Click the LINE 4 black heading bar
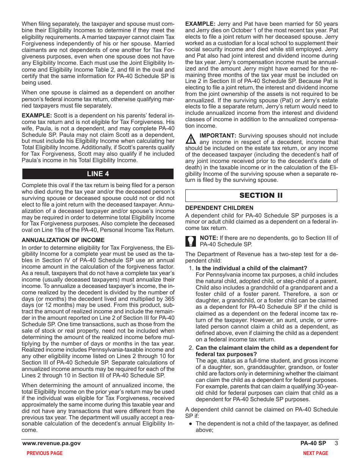98,174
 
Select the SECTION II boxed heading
261,195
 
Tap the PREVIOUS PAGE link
44,453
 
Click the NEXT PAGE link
315,453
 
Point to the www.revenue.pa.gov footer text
52,443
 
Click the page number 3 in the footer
336,443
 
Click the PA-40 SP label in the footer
313,443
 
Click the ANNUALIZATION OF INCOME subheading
63,240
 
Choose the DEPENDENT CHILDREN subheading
219,208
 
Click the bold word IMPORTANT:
218,136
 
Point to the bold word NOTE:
209,238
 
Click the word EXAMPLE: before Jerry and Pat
200,23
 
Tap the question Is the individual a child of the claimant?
251,268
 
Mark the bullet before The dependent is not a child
191,424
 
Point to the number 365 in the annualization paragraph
169,299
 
